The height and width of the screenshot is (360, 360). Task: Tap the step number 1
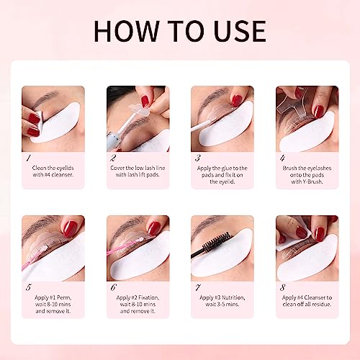point(27,157)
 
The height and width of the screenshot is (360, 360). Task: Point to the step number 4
point(282,157)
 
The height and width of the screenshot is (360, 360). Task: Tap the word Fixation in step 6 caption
point(148,296)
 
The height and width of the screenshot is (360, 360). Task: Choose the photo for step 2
point(138,119)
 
